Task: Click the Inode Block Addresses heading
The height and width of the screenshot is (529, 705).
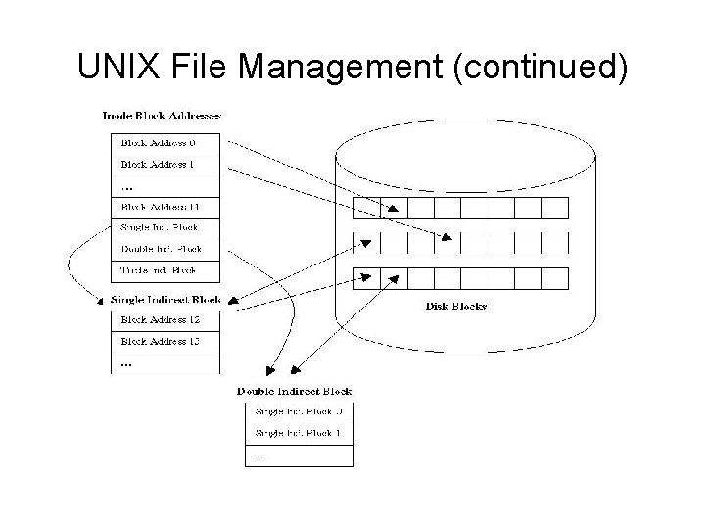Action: click(x=162, y=115)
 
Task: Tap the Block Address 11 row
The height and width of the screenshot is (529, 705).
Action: click(x=160, y=207)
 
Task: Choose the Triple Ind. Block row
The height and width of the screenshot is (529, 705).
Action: click(x=159, y=269)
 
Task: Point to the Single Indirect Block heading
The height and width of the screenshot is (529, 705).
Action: click(x=165, y=299)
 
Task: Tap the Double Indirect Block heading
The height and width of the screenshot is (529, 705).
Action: click(x=295, y=391)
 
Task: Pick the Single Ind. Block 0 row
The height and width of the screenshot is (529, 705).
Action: click(x=298, y=411)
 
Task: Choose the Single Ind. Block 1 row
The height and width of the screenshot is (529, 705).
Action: click(x=298, y=433)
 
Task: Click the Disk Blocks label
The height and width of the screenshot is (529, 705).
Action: click(x=456, y=306)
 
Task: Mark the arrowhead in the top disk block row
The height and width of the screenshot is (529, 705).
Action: click(x=393, y=208)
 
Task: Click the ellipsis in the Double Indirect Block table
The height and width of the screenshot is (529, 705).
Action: click(x=259, y=455)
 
